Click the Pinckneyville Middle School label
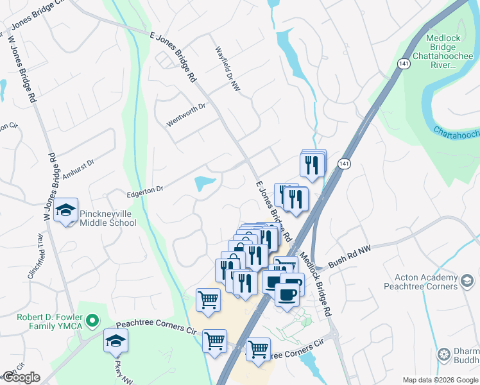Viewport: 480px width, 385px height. click(x=108, y=218)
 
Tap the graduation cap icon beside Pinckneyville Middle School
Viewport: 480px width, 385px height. click(x=65, y=210)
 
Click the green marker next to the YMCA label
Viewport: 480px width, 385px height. click(x=93, y=319)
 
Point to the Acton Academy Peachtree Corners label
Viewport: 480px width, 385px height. click(x=422, y=282)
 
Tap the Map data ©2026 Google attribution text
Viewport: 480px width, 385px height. click(x=440, y=380)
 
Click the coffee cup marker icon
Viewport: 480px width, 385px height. click(x=287, y=295)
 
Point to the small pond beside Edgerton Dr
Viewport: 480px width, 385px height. click(x=205, y=184)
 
